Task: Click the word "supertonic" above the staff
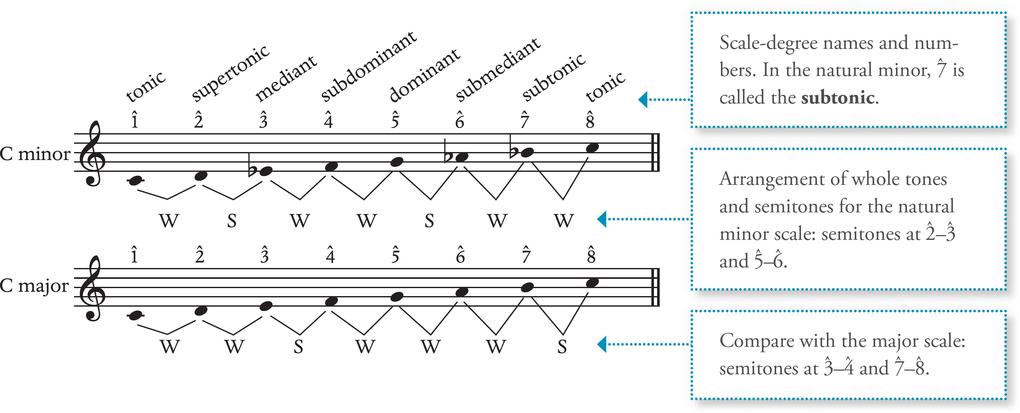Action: pyautogui.click(x=230, y=73)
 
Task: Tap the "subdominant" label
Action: pyautogui.click(x=368, y=66)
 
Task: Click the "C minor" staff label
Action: pyautogui.click(x=35, y=154)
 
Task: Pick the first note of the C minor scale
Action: pyautogui.click(x=135, y=181)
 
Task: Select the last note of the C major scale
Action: pyautogui.click(x=592, y=283)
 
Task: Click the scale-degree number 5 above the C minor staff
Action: pyautogui.click(x=395, y=120)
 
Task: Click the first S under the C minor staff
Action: pyautogui.click(x=232, y=221)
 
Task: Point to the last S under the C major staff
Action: pyautogui.click(x=562, y=347)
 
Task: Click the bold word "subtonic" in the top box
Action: pyautogui.click(x=838, y=97)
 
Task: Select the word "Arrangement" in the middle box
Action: pyautogui.click(x=770, y=179)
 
